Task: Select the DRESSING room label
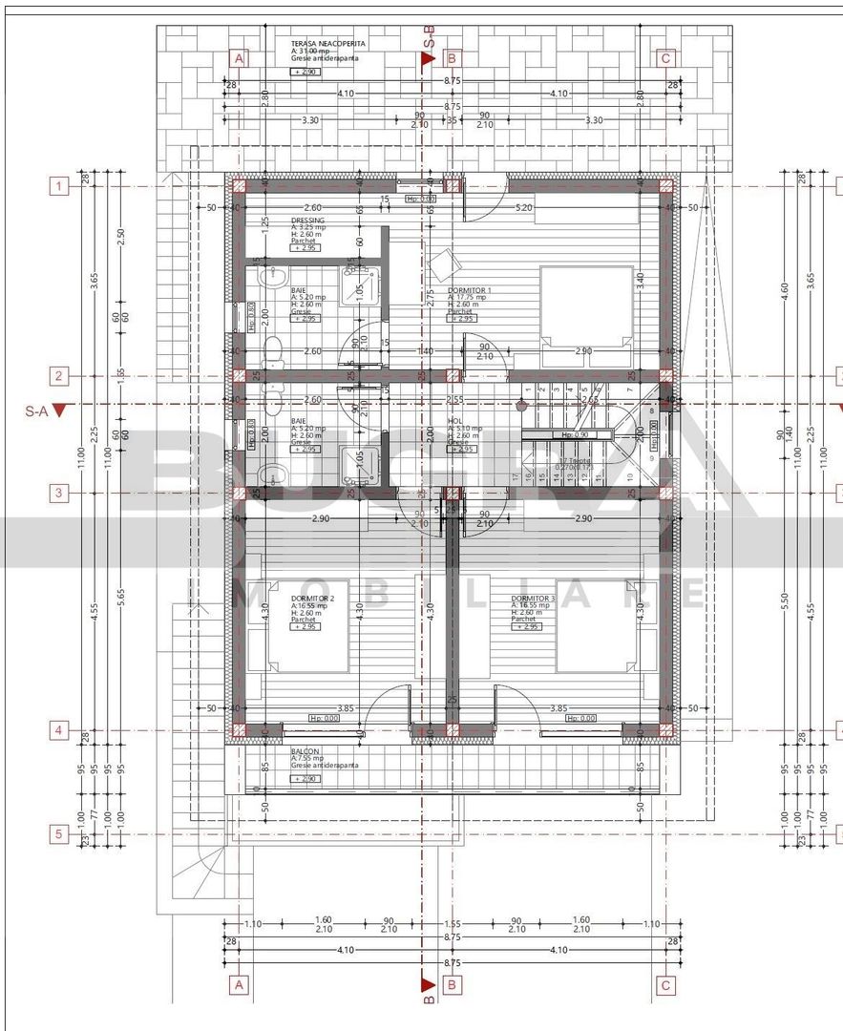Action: point(307,221)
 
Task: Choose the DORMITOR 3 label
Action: point(533,598)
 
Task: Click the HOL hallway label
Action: point(455,420)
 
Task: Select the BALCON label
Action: point(306,751)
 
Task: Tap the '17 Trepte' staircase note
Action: point(574,460)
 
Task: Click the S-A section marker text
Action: point(36,411)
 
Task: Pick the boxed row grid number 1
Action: point(59,187)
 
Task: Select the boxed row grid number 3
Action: point(59,493)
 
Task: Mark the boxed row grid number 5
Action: point(59,834)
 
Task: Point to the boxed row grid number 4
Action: point(59,730)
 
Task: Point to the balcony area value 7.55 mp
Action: point(311,759)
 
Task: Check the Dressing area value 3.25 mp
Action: point(310,227)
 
